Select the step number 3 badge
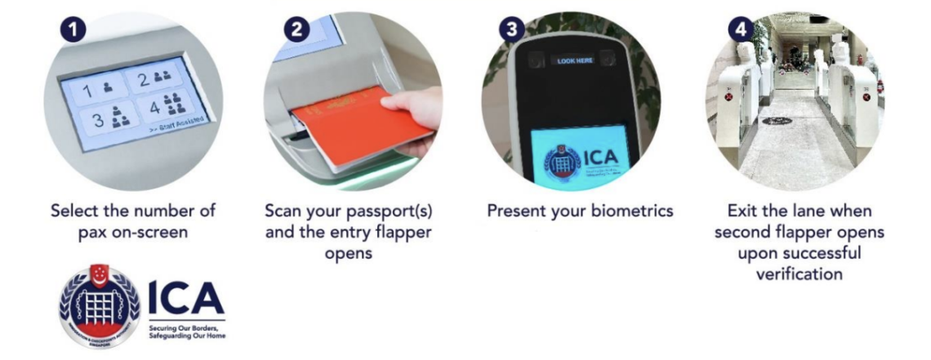click(x=512, y=30)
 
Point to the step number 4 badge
click(x=741, y=30)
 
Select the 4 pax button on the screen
click(x=167, y=106)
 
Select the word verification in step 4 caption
click(x=799, y=274)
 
